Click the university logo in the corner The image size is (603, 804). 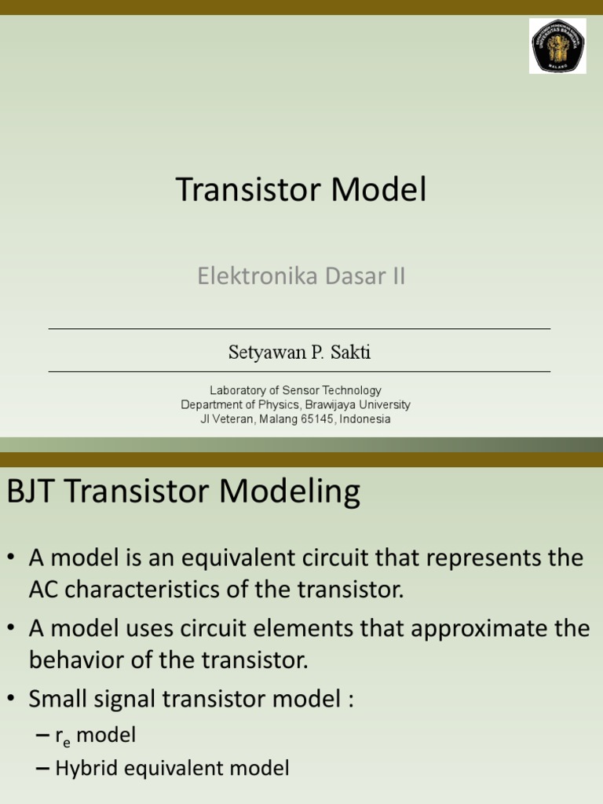(x=557, y=46)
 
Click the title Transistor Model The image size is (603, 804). (x=301, y=190)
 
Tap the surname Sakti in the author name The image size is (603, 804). (x=350, y=353)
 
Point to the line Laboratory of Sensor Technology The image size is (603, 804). (x=295, y=390)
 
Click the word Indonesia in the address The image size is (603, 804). (x=366, y=419)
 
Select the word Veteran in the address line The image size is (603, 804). (x=235, y=419)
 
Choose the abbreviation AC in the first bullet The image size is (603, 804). (x=44, y=590)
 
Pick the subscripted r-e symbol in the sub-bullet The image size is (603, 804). (x=62, y=736)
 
